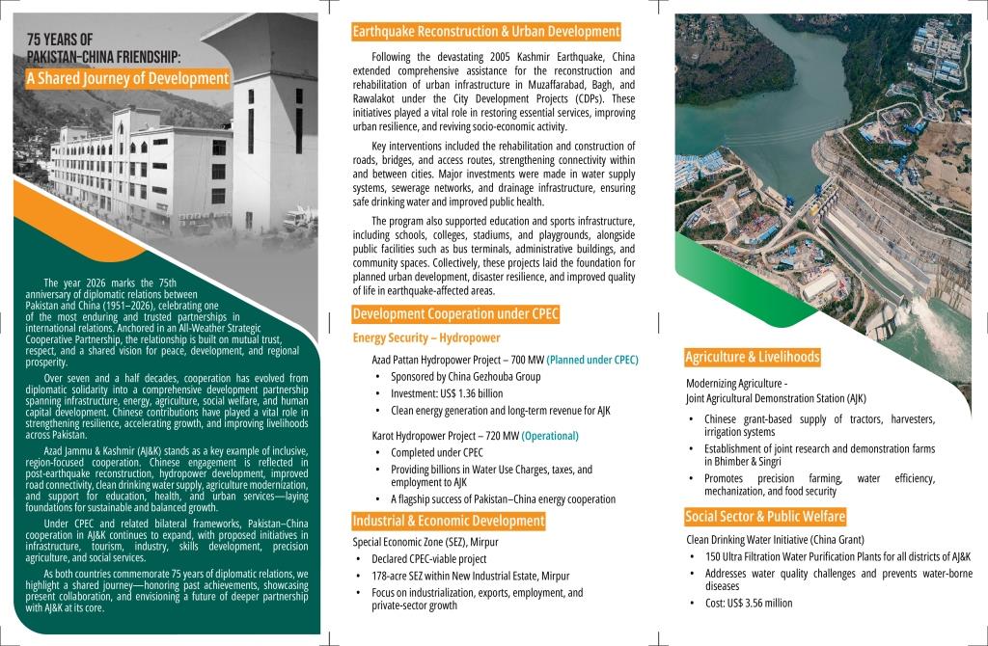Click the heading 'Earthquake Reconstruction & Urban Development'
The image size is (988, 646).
tap(485, 32)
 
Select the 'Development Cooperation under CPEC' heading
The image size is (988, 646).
tap(455, 314)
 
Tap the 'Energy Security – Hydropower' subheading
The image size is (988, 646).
tap(425, 338)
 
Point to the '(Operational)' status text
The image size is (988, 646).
tap(550, 436)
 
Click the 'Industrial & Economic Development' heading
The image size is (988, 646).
tap(449, 522)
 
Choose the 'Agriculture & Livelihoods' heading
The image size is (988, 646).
tap(753, 358)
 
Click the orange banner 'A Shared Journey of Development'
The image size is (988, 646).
tap(127, 78)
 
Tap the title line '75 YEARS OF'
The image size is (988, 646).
tap(60, 40)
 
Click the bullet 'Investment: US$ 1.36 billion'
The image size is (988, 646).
tap(447, 393)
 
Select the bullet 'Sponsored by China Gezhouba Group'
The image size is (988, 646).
tap(465, 377)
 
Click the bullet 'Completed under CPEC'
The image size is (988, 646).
tap(436, 452)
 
